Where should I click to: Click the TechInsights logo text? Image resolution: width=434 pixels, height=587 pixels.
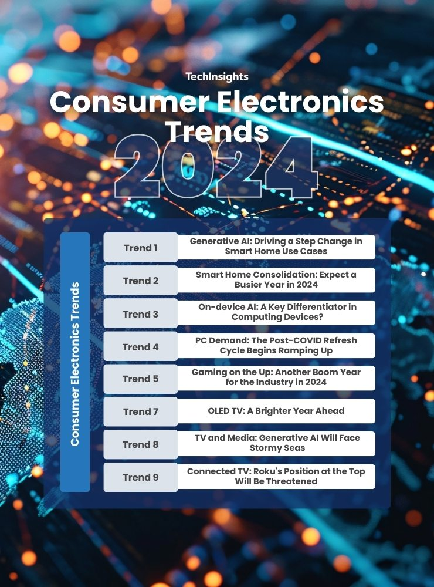[217, 77]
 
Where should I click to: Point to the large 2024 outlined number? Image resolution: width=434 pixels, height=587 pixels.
[216, 166]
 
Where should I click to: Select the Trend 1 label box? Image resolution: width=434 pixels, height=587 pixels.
[141, 248]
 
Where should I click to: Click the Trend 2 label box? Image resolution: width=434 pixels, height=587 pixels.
[141, 281]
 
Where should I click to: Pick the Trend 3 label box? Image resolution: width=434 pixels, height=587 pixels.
[141, 313]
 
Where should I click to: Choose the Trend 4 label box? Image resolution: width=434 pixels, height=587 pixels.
[141, 347]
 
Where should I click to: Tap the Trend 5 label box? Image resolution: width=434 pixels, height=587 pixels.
[141, 379]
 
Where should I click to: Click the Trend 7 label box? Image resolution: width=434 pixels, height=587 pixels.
[141, 412]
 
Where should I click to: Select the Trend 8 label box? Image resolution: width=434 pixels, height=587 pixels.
[141, 444]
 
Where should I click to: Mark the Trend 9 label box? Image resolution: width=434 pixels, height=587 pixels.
[141, 477]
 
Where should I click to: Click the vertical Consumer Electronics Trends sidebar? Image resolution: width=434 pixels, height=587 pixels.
[75, 362]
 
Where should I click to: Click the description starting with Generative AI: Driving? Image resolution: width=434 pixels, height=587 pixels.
[276, 247]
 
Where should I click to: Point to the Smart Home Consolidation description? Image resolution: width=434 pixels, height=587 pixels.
[276, 279]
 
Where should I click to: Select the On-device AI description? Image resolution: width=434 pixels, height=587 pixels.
[277, 312]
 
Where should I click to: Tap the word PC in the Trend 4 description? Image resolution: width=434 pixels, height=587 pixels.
[201, 340]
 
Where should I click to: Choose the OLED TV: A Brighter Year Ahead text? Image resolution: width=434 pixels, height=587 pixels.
[276, 411]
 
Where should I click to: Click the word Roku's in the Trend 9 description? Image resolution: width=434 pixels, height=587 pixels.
[268, 471]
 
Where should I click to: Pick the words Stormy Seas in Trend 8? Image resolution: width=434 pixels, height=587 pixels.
[277, 448]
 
